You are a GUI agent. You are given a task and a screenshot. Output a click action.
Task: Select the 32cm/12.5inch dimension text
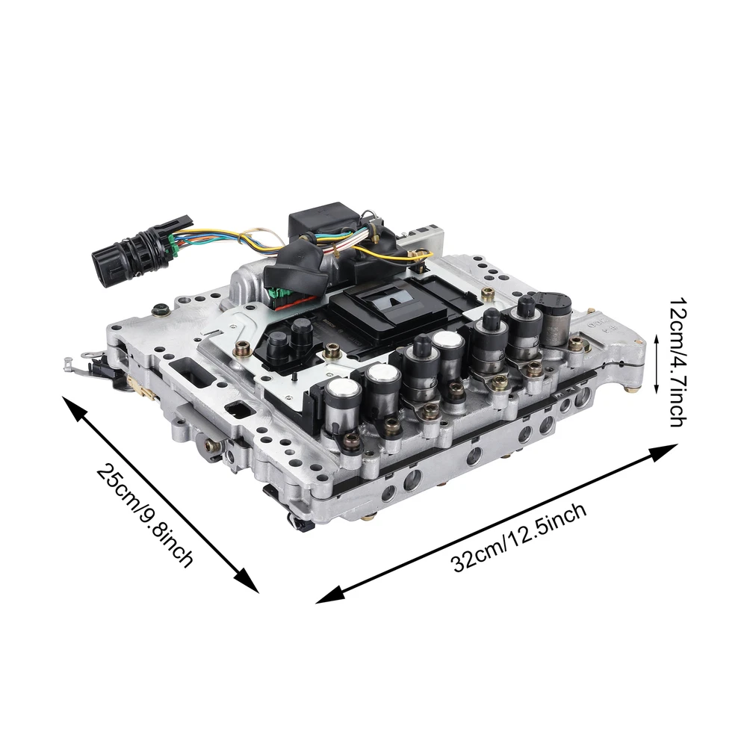coord(519,537)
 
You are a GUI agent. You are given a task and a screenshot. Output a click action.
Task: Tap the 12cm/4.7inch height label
coord(678,362)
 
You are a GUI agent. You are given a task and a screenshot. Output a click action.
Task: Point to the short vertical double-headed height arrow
coord(657,365)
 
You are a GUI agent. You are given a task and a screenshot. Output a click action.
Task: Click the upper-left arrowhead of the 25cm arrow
coord(74,408)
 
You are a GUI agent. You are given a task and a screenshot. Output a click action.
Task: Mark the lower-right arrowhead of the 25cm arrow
coord(247,581)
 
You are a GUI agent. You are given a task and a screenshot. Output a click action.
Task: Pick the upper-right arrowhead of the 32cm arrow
coord(663,452)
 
